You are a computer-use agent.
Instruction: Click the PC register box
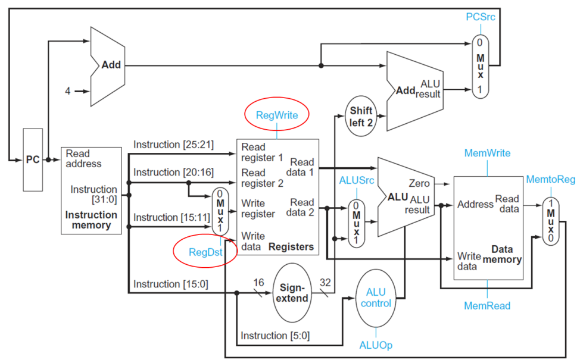pos(33,159)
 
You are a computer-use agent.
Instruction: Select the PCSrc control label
pos(481,17)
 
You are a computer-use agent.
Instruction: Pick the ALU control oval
pos(376,298)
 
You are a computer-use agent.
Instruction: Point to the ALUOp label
pos(376,345)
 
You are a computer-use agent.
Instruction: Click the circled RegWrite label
pos(276,114)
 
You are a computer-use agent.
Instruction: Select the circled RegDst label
pos(205,252)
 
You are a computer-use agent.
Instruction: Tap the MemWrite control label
pos(487,153)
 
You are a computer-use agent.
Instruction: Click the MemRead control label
pos(487,306)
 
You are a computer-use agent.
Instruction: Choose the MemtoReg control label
pos(551,179)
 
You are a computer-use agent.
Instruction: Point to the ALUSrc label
pos(356,179)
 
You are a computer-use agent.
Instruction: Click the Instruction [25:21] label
pos(173,145)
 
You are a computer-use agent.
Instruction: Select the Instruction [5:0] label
pos(275,336)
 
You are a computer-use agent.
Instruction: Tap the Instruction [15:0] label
pos(171,284)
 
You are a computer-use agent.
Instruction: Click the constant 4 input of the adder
pos(68,92)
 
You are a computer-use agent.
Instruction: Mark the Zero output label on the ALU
pos(419,184)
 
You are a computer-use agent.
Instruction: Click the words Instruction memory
pos(91,220)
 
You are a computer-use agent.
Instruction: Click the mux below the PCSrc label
pos(481,65)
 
